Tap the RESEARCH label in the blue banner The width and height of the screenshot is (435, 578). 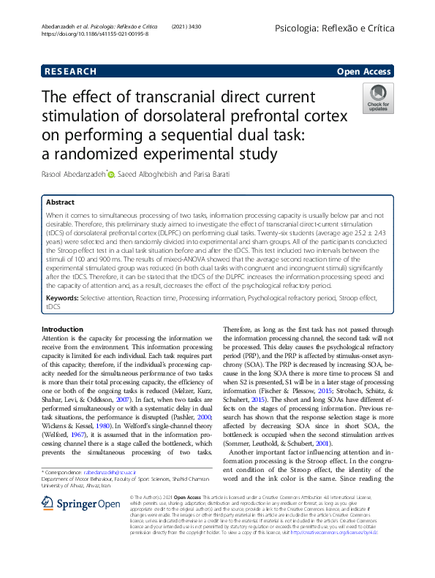pyautogui.click(x=70, y=72)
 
